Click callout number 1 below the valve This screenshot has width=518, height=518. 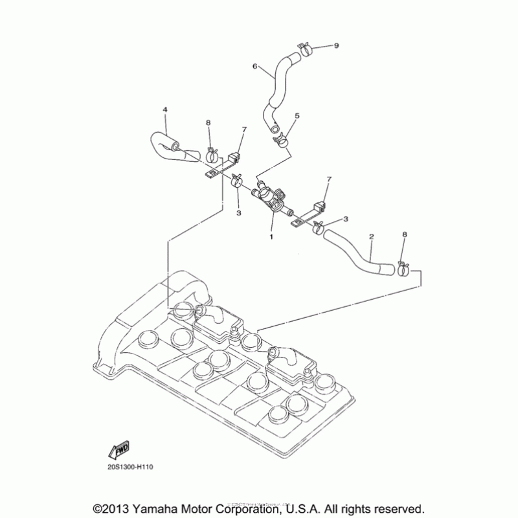coord(272,236)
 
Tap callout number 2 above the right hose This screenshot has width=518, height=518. coord(371,236)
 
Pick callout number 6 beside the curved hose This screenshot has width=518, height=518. coord(255,66)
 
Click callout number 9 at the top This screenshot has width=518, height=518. coord(335,45)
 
